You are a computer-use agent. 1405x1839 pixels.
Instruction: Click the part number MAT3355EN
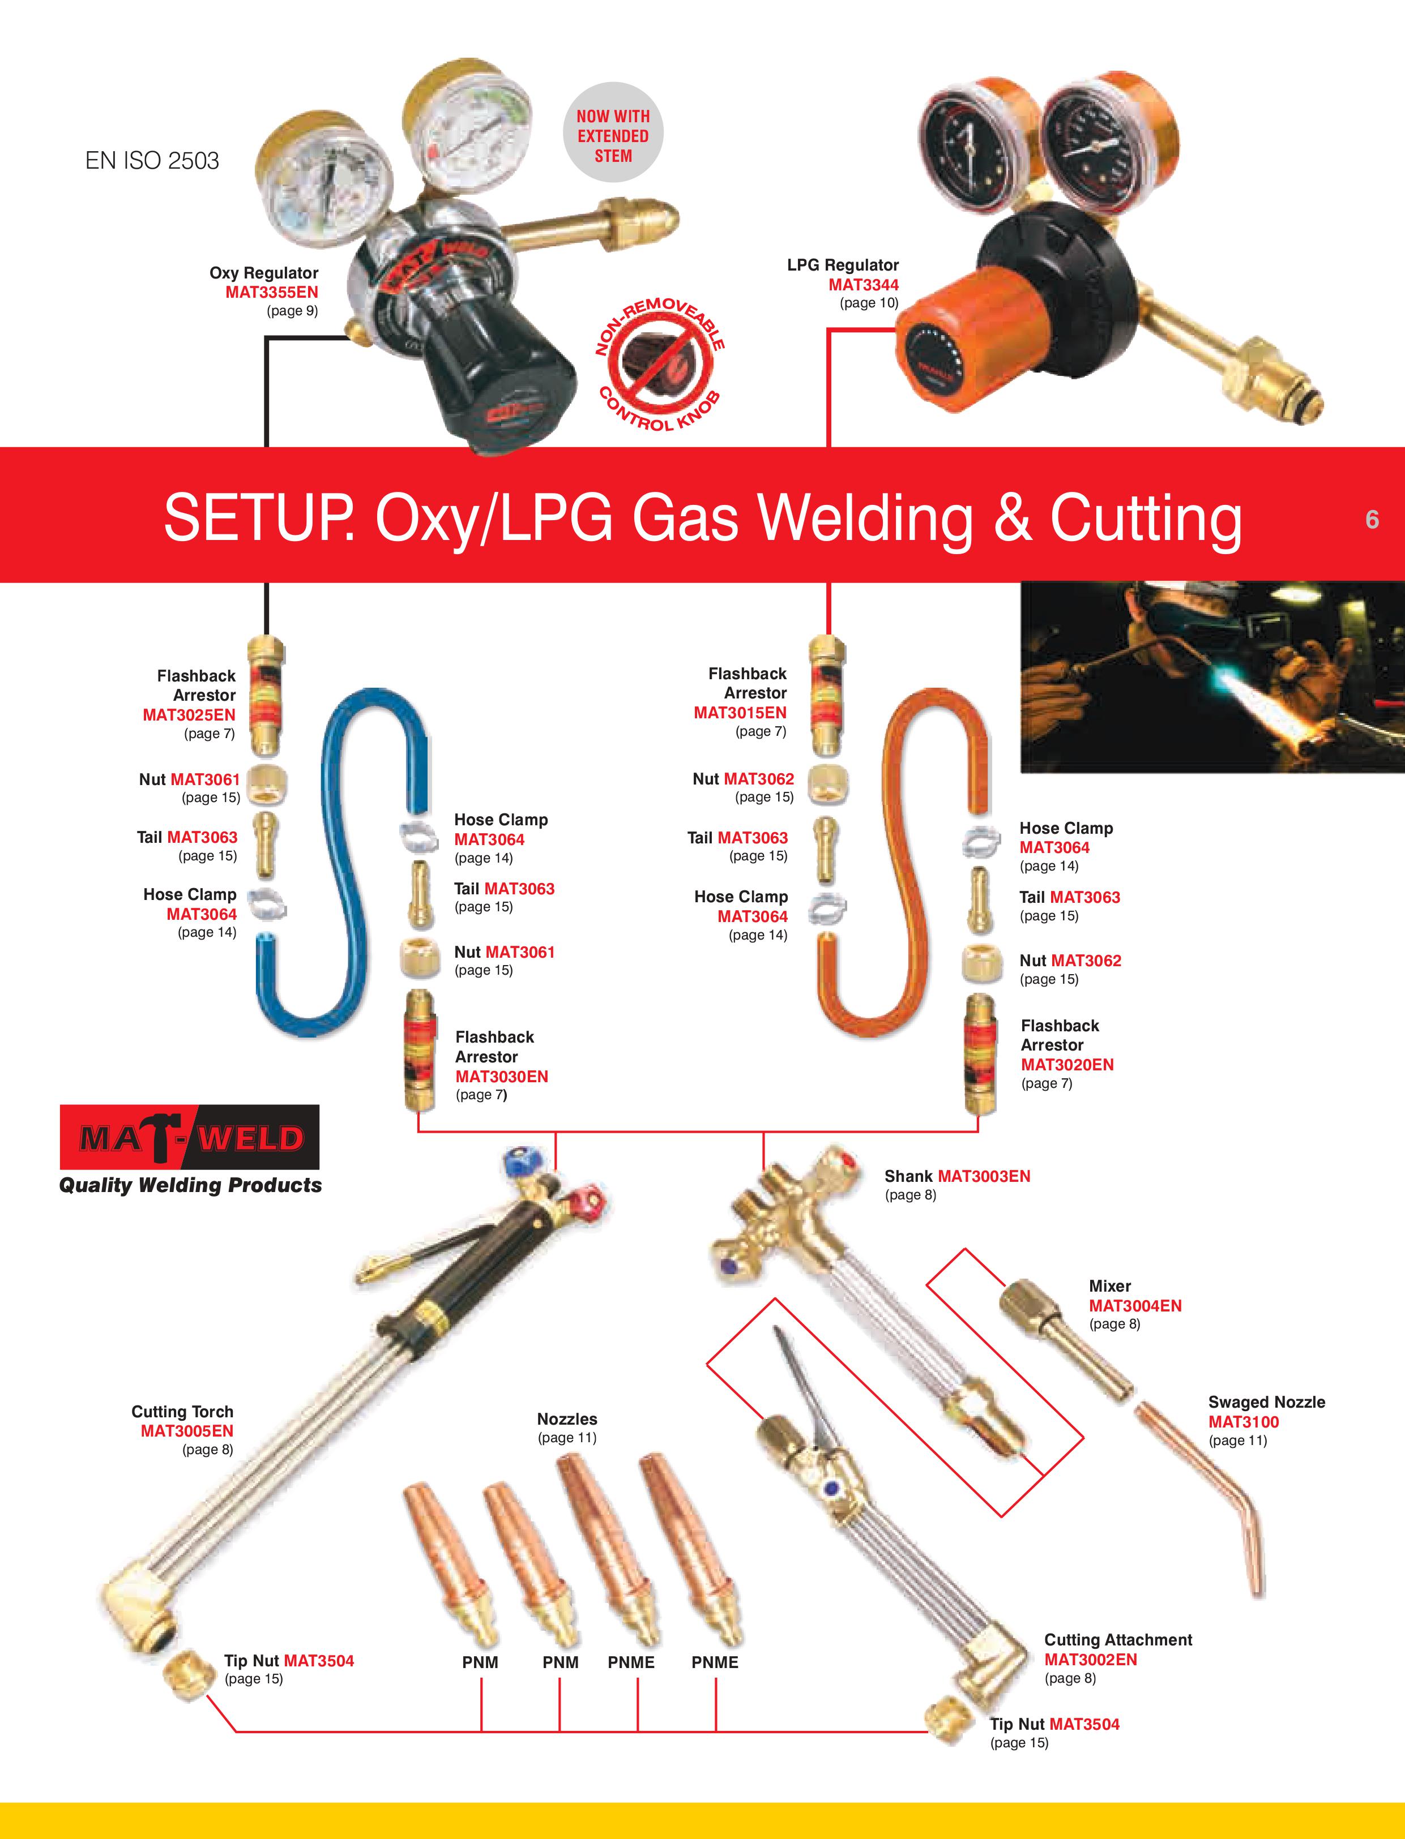[272, 292]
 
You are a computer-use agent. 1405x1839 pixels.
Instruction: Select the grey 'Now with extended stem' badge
[613, 132]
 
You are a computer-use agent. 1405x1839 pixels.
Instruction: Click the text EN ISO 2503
[152, 161]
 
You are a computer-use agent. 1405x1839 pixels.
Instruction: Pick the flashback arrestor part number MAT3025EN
[189, 715]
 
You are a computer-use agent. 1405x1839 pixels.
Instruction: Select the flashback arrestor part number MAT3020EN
[1067, 1064]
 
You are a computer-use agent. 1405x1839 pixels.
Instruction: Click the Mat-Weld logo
[190, 1137]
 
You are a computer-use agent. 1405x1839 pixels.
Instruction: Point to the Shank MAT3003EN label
[958, 1176]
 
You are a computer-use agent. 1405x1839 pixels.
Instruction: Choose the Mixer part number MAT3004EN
[1135, 1306]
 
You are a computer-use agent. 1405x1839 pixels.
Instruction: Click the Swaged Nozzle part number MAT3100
[1244, 1422]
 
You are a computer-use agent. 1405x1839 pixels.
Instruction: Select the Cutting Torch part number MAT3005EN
[186, 1431]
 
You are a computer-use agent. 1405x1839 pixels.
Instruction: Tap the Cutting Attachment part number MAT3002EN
[1091, 1659]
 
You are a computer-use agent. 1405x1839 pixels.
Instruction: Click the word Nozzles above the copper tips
[567, 1418]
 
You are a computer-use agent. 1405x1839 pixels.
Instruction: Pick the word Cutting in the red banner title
[1146, 518]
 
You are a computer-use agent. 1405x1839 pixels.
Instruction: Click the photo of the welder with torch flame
[1212, 677]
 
